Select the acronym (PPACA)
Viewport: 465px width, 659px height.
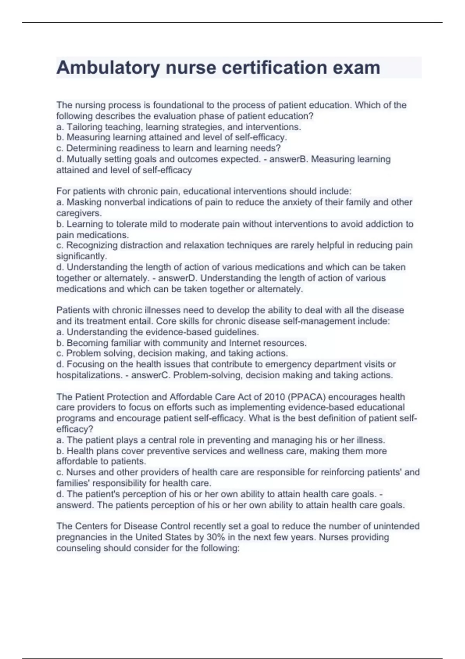click(306, 397)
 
